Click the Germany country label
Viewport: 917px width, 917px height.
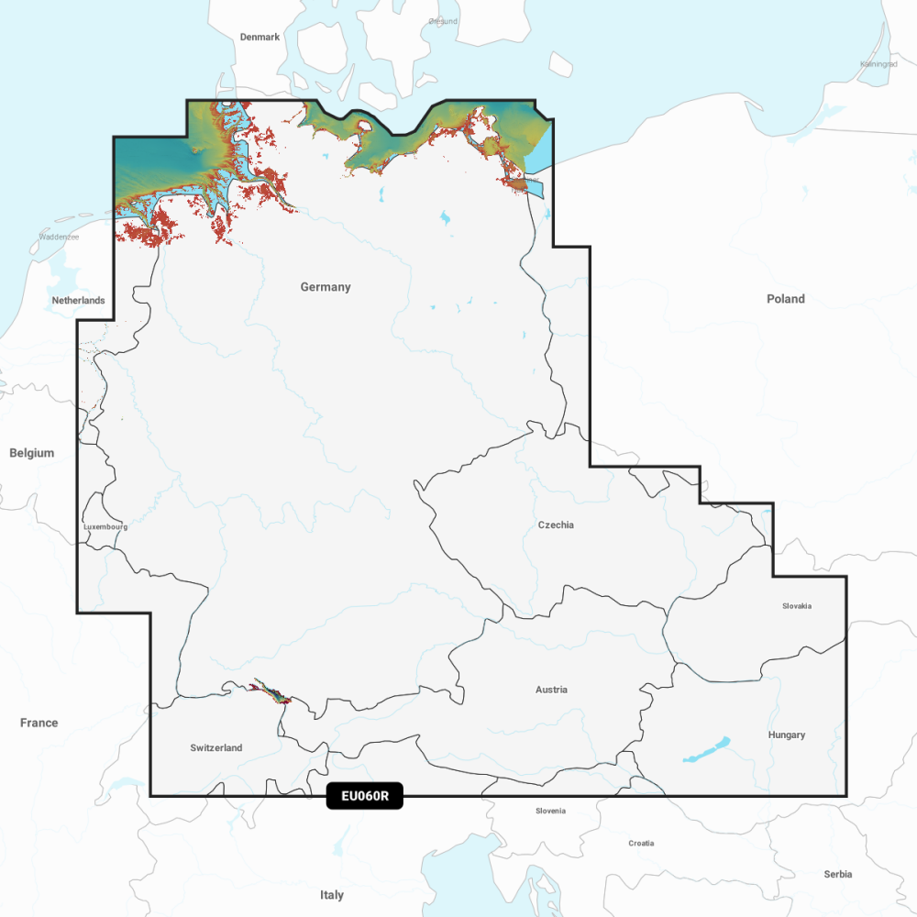coord(326,287)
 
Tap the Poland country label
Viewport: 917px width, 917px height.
coord(786,299)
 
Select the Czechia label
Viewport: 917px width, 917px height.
coord(556,525)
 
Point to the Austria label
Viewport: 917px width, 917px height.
coord(551,690)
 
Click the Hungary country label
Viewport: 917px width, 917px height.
coord(787,735)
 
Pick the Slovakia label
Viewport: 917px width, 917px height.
coord(797,606)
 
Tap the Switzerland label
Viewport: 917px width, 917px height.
coord(216,748)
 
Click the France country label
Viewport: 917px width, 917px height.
coord(39,724)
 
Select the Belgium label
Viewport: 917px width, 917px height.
coord(32,453)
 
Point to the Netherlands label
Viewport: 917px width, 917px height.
coord(78,301)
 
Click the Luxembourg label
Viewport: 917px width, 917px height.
coord(105,527)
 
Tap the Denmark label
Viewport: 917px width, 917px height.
coord(260,38)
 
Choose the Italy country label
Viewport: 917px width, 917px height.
coord(332,895)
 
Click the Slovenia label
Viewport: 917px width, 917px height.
coord(550,811)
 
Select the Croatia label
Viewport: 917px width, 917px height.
coord(641,843)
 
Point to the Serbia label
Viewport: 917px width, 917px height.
coord(837,875)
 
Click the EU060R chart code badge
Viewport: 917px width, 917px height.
coord(364,796)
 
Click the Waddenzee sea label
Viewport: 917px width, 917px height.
coord(59,237)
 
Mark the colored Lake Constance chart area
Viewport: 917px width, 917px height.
coord(272,692)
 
